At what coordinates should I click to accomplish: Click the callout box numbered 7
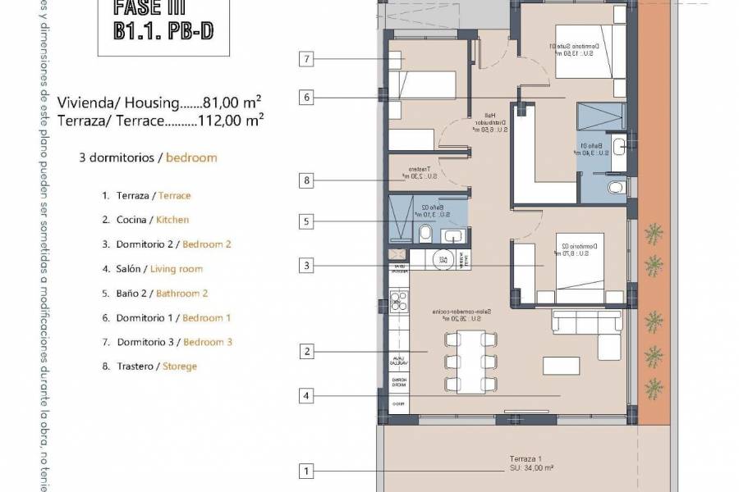306,58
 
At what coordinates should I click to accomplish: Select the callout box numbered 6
306,98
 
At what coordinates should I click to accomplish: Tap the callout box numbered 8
306,180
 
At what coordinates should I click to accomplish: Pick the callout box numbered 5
306,221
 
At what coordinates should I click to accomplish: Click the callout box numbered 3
306,266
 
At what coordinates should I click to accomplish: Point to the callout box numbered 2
306,352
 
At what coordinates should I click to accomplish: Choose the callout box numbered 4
306,396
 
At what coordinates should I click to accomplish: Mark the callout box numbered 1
306,471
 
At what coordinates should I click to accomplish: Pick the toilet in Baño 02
425,236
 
